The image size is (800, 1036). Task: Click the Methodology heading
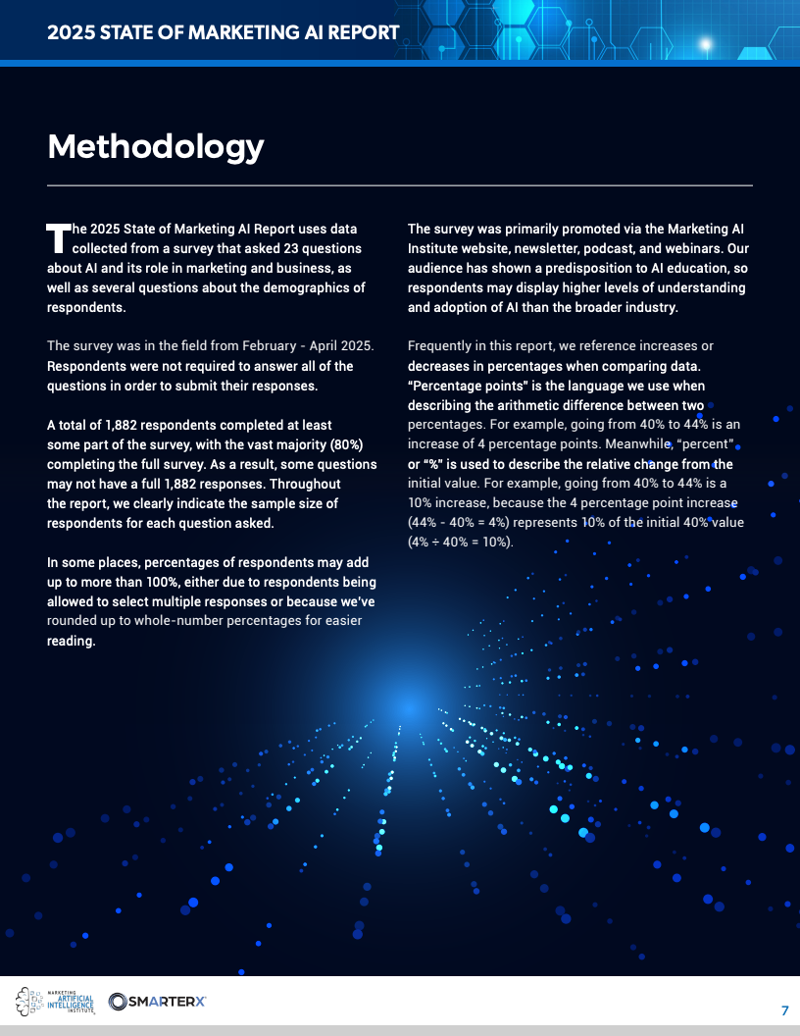point(156,146)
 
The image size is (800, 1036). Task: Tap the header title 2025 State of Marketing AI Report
point(224,32)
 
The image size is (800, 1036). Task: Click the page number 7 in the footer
point(784,1011)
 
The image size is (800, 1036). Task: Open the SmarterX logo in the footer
point(158,1001)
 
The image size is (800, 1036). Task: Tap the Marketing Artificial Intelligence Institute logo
point(55,1001)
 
